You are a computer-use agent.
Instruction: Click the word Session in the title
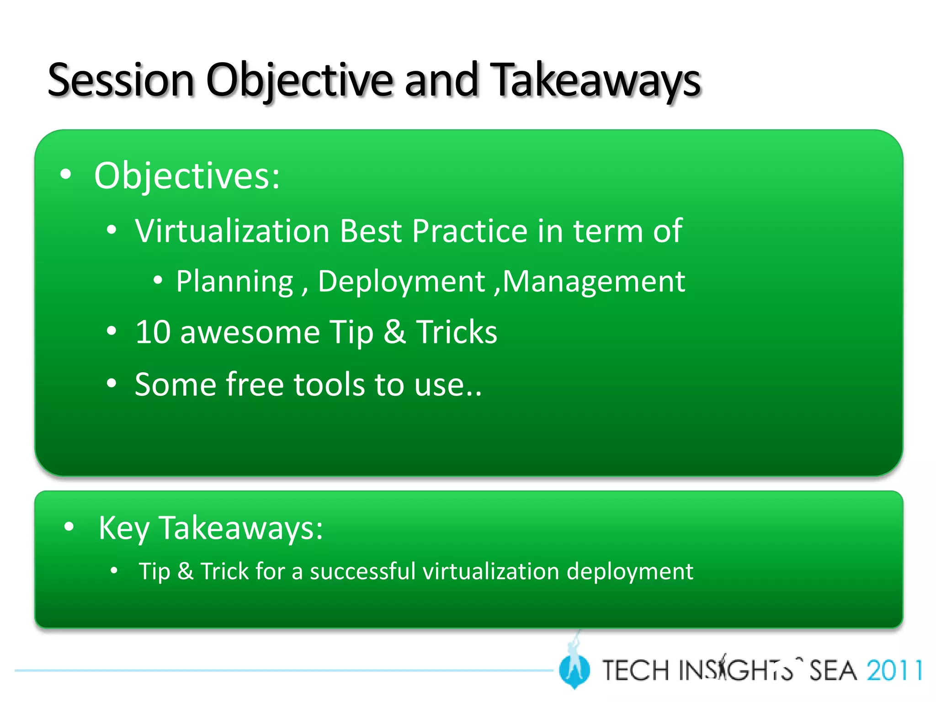click(121, 81)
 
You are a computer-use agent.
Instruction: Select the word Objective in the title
click(299, 81)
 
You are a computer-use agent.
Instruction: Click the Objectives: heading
click(186, 176)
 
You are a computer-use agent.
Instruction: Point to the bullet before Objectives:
click(66, 175)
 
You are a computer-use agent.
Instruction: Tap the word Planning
click(234, 282)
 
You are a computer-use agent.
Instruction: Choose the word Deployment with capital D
click(401, 282)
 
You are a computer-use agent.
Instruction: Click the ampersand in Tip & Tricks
click(394, 332)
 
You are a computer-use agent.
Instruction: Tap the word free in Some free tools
click(255, 385)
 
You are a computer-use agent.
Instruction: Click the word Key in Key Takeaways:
click(124, 528)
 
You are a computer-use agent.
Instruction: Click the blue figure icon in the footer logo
click(574, 668)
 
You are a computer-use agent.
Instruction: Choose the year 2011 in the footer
click(894, 671)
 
